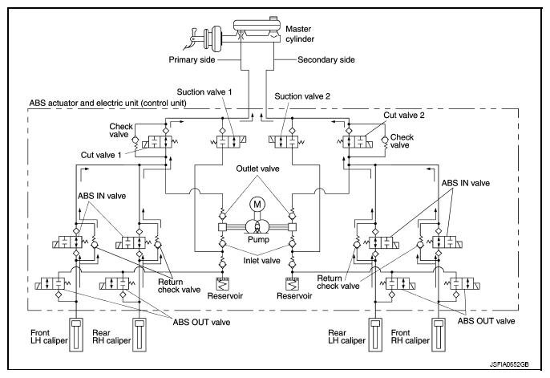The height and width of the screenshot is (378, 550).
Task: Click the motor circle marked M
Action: pyautogui.click(x=257, y=205)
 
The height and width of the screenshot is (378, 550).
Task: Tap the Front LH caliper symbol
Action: pyautogui.click(x=76, y=334)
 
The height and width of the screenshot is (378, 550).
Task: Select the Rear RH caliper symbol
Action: pyautogui.click(x=140, y=334)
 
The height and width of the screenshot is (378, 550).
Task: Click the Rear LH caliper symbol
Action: pyautogui.click(x=375, y=334)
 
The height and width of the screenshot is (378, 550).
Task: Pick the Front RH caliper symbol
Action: pyautogui.click(x=439, y=334)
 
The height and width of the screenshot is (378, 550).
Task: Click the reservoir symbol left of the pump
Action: pyautogui.click(x=222, y=284)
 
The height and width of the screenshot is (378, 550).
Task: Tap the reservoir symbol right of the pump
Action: pyautogui.click(x=292, y=284)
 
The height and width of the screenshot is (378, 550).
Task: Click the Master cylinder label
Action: pyautogui.click(x=300, y=34)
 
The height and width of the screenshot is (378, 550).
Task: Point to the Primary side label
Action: pyautogui.click(x=192, y=59)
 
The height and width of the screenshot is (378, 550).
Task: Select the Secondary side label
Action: pyautogui.click(x=326, y=59)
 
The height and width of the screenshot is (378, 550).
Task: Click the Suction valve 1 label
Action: pyautogui.click(x=204, y=92)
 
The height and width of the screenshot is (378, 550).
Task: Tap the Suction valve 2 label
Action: pyautogui.click(x=302, y=96)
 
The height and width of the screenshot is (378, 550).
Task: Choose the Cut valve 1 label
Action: pyautogui.click(x=101, y=155)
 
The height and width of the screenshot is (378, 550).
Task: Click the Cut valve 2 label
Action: pyautogui.click(x=404, y=115)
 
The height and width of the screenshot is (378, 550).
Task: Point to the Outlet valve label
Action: pyautogui.click(x=258, y=169)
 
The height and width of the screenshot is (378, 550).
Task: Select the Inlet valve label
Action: pyautogui.click(x=261, y=260)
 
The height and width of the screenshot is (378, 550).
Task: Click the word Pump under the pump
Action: pyautogui.click(x=258, y=240)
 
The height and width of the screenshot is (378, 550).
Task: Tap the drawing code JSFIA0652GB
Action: pyautogui.click(x=509, y=364)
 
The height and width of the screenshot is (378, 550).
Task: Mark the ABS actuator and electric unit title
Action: pyautogui.click(x=108, y=104)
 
